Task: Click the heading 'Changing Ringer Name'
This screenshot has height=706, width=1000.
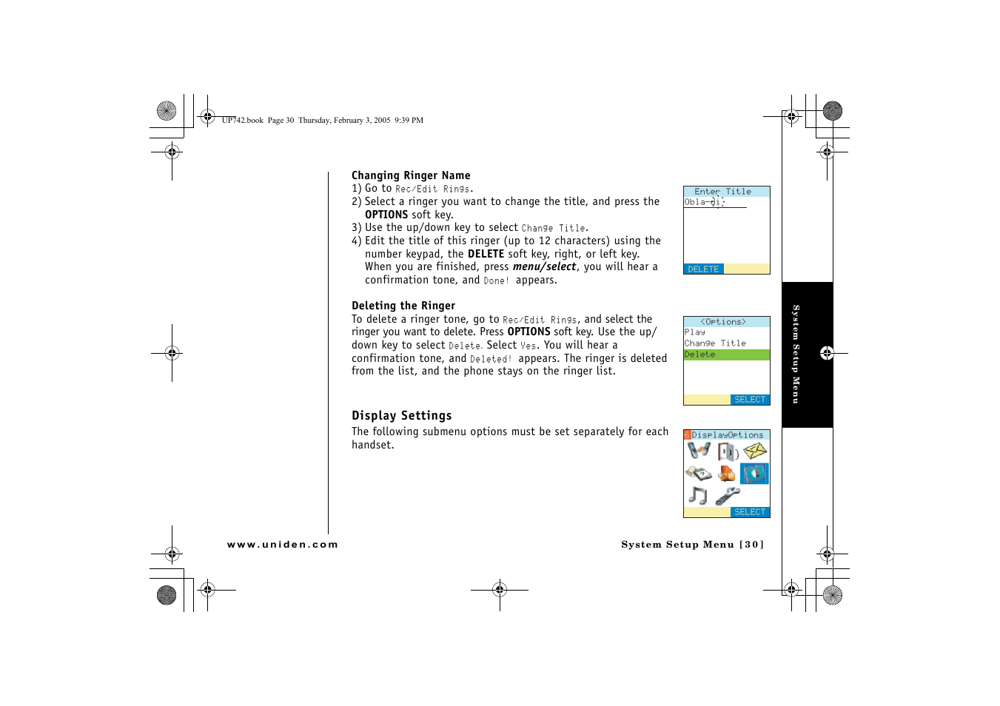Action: [411, 175]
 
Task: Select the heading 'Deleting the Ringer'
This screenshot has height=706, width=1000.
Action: [403, 306]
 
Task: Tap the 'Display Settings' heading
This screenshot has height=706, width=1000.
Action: [401, 416]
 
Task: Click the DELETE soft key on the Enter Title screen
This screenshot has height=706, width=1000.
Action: [703, 269]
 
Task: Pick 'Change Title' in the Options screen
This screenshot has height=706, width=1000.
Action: [715, 343]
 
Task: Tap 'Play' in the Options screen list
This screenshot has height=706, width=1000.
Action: [695, 332]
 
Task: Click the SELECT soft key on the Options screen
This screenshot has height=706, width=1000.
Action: [750, 400]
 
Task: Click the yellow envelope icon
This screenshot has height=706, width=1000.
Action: [755, 451]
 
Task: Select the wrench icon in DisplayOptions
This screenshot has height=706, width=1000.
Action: [728, 496]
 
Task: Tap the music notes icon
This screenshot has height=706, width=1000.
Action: [697, 495]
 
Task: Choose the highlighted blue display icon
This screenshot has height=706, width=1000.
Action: [755, 474]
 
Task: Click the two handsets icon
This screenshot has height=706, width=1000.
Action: [699, 450]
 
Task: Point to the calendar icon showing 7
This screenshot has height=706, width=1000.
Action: [698, 473]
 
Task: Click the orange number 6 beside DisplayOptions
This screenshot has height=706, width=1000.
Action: [687, 435]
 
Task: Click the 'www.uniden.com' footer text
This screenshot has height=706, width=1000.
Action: [282, 545]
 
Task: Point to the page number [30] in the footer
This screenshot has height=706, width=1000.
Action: [751, 545]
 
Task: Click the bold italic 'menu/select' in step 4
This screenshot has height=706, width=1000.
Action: [544, 267]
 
